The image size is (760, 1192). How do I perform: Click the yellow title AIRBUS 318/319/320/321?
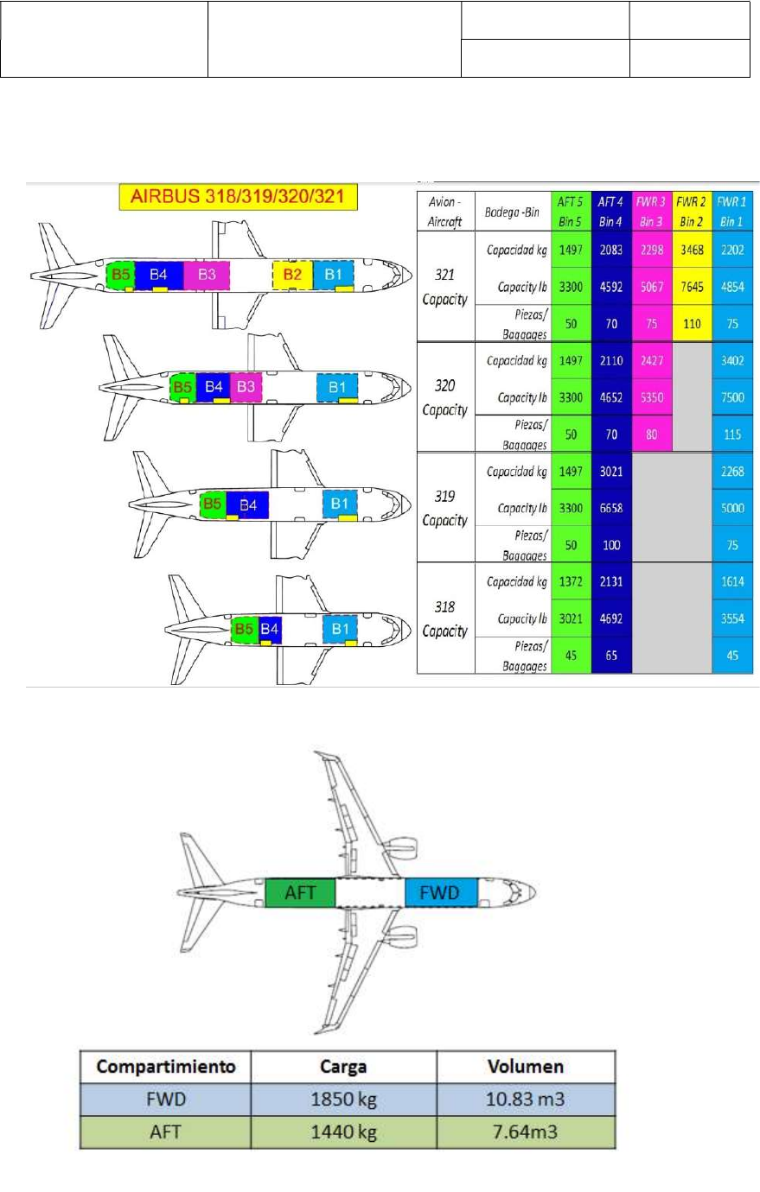click(x=237, y=197)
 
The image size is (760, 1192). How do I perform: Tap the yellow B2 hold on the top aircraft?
click(x=292, y=275)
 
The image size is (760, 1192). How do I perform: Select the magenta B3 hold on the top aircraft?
click(x=207, y=275)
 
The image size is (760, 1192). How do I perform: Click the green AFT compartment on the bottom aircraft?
click(x=299, y=892)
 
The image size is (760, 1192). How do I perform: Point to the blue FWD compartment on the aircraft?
click(x=440, y=892)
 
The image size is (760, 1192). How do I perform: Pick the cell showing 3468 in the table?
click(x=692, y=250)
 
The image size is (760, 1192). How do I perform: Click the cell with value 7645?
click(x=692, y=287)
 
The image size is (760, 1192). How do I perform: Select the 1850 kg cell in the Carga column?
click(x=343, y=1099)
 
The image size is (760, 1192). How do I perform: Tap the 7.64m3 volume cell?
click(x=526, y=1132)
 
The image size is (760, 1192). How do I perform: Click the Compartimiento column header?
click(x=165, y=1066)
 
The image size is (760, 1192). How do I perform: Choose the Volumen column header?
click(x=526, y=1066)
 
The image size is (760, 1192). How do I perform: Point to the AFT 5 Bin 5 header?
click(x=570, y=212)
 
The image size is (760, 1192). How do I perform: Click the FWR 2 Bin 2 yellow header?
click(x=692, y=212)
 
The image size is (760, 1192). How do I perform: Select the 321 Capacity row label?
click(x=444, y=287)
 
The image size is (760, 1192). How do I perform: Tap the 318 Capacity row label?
click(x=444, y=618)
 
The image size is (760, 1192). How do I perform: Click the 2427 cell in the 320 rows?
click(x=651, y=361)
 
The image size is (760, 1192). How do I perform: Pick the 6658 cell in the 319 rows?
click(x=611, y=508)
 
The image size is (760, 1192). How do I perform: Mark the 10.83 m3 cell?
click(x=526, y=1099)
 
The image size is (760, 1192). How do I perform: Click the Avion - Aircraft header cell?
click(x=444, y=212)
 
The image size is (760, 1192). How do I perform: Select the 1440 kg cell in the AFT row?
click(x=343, y=1132)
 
